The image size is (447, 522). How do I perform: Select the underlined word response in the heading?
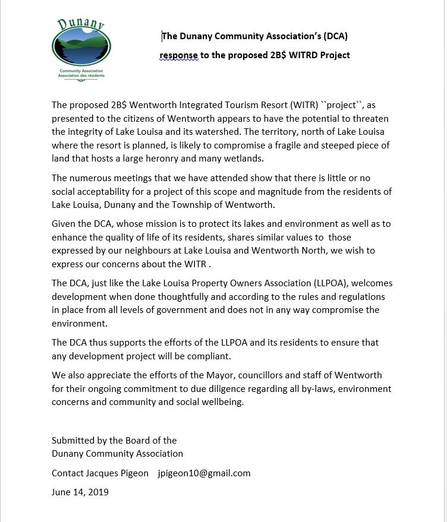point(178,55)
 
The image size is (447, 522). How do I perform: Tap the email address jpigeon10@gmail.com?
point(204,473)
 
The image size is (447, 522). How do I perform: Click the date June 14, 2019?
point(80,492)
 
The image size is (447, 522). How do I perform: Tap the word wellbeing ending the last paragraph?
point(222,401)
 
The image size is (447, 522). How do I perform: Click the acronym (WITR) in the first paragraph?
point(305,106)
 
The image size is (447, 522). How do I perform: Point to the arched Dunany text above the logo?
point(81,24)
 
